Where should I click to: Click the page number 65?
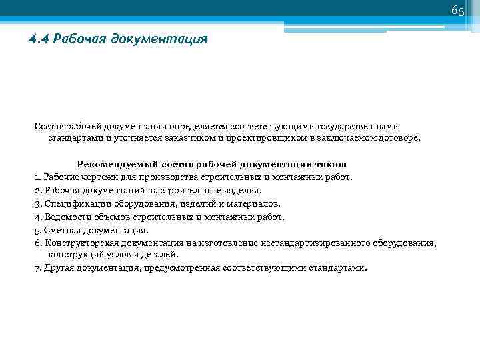pos(458,11)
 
